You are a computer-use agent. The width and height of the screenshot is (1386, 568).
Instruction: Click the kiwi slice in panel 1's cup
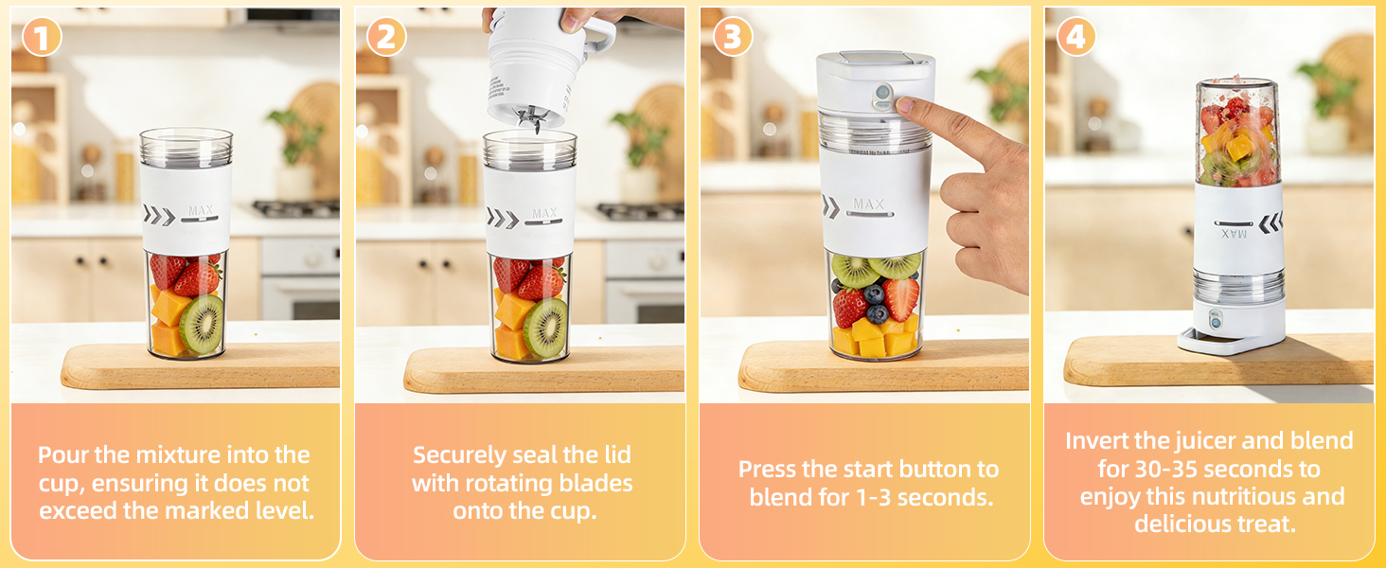click(202, 325)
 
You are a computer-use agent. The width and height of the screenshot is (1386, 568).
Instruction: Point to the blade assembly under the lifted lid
click(530, 121)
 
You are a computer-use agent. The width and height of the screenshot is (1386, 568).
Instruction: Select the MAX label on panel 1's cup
click(200, 210)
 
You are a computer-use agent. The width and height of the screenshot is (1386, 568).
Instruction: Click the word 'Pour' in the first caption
click(63, 454)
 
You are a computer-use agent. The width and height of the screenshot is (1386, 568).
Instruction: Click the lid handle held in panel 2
click(598, 36)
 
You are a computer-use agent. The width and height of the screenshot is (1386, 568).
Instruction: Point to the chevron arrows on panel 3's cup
click(830, 206)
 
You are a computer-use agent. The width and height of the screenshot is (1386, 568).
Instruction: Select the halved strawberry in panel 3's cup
click(901, 298)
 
